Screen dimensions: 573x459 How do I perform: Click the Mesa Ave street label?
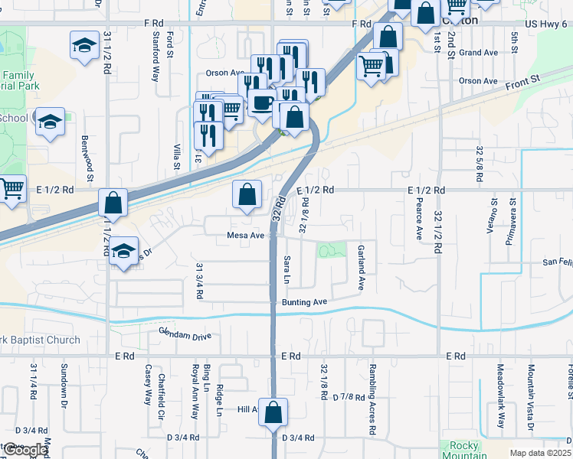[245, 236]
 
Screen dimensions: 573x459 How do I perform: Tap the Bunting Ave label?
[304, 303]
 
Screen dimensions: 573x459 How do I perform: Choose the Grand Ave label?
[479, 53]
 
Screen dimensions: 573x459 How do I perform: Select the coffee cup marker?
[262, 102]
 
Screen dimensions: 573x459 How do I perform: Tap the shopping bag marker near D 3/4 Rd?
[273, 413]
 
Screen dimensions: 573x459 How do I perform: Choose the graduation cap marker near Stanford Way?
[84, 45]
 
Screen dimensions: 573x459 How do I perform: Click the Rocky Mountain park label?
[464, 451]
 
